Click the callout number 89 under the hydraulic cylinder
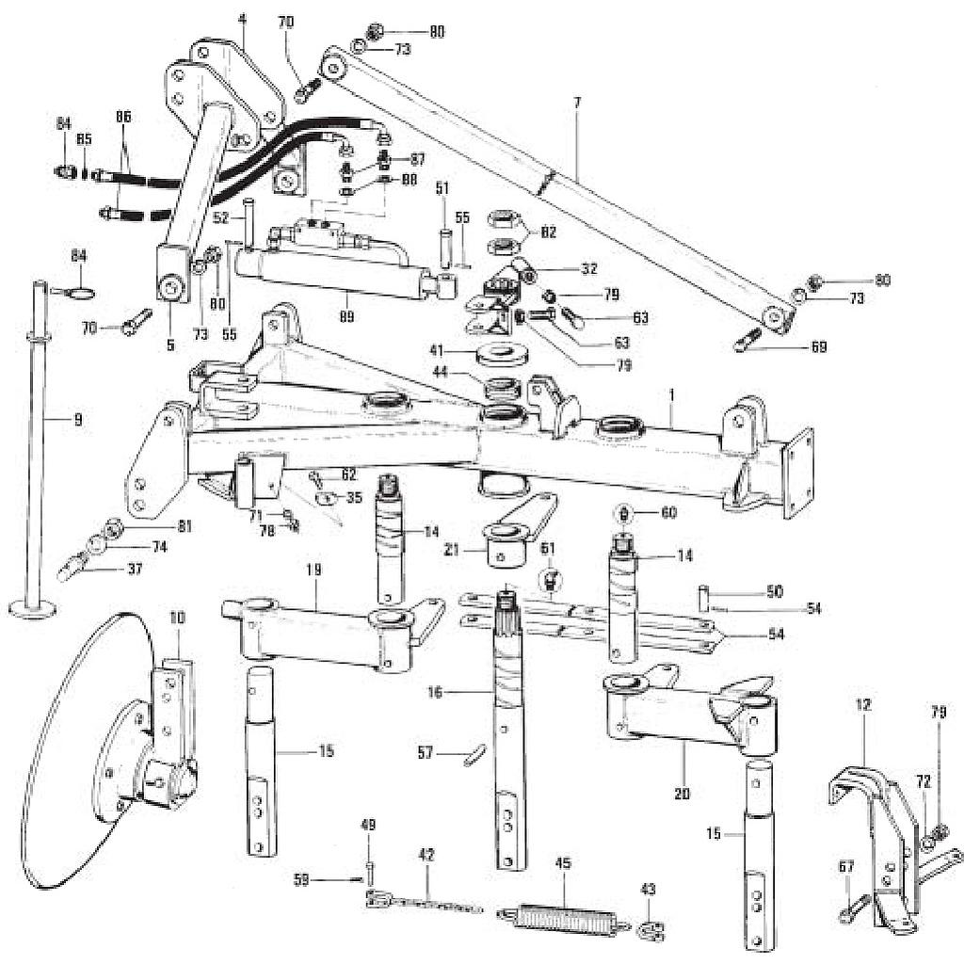point(347,317)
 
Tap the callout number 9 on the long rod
point(77,420)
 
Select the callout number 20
point(682,794)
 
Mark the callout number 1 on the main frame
point(671,410)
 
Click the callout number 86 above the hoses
point(123,117)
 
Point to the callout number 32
point(589,268)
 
